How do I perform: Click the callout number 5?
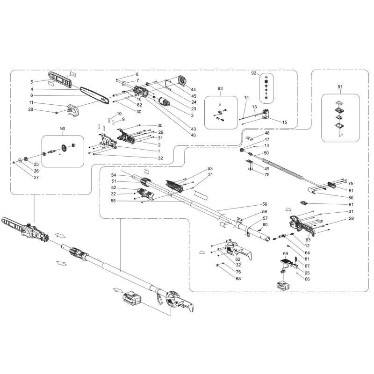point(31,82)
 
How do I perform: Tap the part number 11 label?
point(31,102)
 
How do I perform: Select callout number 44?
point(193,89)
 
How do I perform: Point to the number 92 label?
point(254,73)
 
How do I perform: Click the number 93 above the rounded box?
point(220,88)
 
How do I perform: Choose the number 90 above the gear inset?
point(63,128)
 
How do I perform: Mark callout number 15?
point(284,122)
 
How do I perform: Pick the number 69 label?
point(286,254)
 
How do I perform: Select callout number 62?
point(238,259)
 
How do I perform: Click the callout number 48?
point(267,133)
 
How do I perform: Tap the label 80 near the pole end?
point(265,224)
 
